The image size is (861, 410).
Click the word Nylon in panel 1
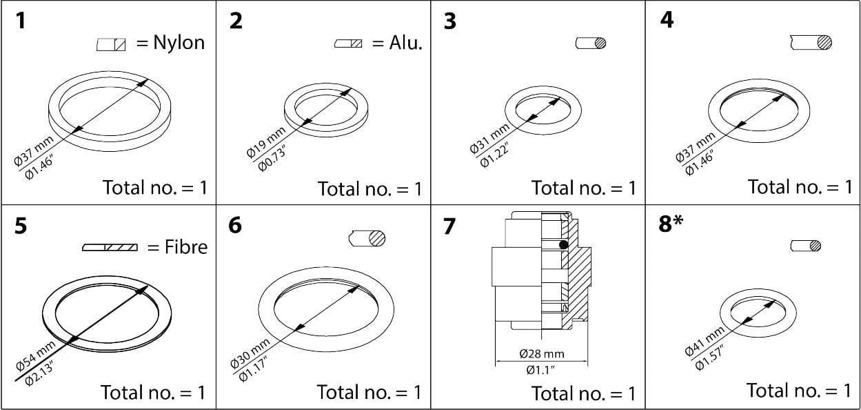pyautogui.click(x=179, y=43)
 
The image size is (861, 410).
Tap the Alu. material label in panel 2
pyautogui.click(x=405, y=43)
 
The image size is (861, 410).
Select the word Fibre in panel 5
pyautogui.click(x=185, y=246)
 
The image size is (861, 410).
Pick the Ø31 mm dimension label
pyautogui.click(x=489, y=138)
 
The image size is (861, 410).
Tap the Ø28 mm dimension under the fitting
pyautogui.click(x=541, y=354)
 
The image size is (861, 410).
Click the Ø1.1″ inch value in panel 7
pyautogui.click(x=541, y=370)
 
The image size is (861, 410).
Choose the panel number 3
pyautogui.click(x=449, y=21)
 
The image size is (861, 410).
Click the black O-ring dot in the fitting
pyautogui.click(x=563, y=244)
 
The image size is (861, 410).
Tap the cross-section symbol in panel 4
pyautogui.click(x=811, y=43)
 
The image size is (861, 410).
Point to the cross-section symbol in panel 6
pyautogui.click(x=367, y=238)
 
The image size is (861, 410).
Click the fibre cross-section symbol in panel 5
pyautogui.click(x=110, y=247)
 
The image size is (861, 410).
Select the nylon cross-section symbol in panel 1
pyautogui.click(x=111, y=45)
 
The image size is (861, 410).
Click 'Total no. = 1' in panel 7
pyautogui.click(x=583, y=393)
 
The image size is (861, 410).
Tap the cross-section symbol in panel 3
pyautogui.click(x=591, y=43)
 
